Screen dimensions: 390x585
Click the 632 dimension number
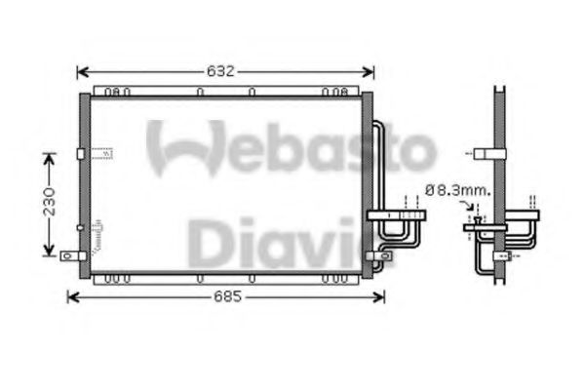224,71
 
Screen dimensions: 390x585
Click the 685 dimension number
225,296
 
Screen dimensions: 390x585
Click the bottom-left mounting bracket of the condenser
69,256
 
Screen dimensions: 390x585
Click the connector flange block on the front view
394,214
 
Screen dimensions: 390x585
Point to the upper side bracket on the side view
484,153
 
